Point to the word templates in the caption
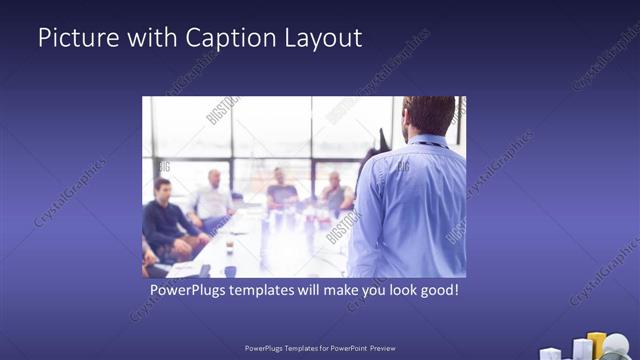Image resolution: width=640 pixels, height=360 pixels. (273, 290)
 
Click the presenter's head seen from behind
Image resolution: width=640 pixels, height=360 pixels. (430, 115)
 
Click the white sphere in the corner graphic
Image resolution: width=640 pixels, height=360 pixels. (617, 346)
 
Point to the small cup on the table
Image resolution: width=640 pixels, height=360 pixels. (229, 246)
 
